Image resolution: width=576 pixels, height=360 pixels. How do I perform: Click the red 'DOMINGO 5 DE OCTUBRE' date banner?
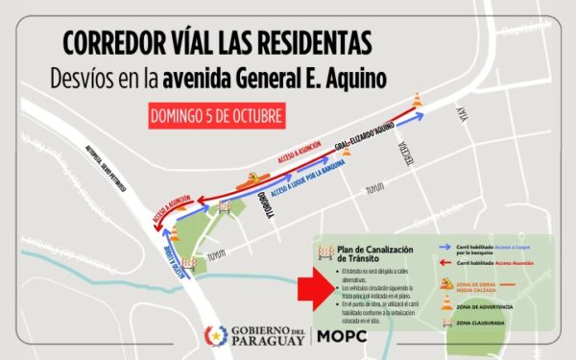217,116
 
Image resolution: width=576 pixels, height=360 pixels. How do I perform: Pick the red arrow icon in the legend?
444,262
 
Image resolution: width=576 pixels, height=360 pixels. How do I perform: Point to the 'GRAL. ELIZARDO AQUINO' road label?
360,143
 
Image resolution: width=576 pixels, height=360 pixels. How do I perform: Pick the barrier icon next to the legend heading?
325,252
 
